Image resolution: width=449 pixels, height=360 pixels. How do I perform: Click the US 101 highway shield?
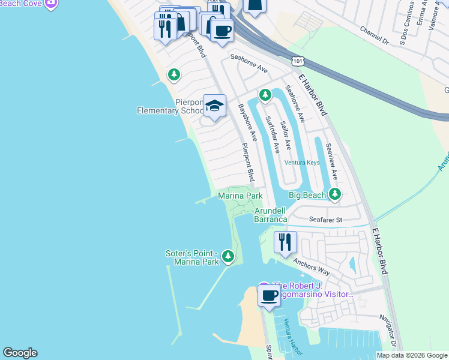pos(297,61)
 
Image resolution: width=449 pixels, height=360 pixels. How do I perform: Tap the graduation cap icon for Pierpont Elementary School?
pos(214,106)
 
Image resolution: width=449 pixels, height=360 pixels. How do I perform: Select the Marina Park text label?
pos(240,196)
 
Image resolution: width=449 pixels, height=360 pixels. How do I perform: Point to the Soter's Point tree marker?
pos(228,257)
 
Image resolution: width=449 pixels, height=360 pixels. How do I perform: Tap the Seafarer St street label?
pos(325,220)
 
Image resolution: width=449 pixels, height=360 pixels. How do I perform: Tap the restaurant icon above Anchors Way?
pos(285,242)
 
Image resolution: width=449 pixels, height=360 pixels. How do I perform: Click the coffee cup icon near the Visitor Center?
pos(269,296)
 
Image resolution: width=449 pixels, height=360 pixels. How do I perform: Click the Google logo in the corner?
pos(20,353)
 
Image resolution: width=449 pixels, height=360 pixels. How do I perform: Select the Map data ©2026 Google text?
pos(412,355)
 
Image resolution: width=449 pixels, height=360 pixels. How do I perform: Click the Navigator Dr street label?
pos(389,330)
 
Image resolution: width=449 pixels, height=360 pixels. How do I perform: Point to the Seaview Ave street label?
pos(331,162)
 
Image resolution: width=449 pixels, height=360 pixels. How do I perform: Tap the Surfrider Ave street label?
pos(273,135)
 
